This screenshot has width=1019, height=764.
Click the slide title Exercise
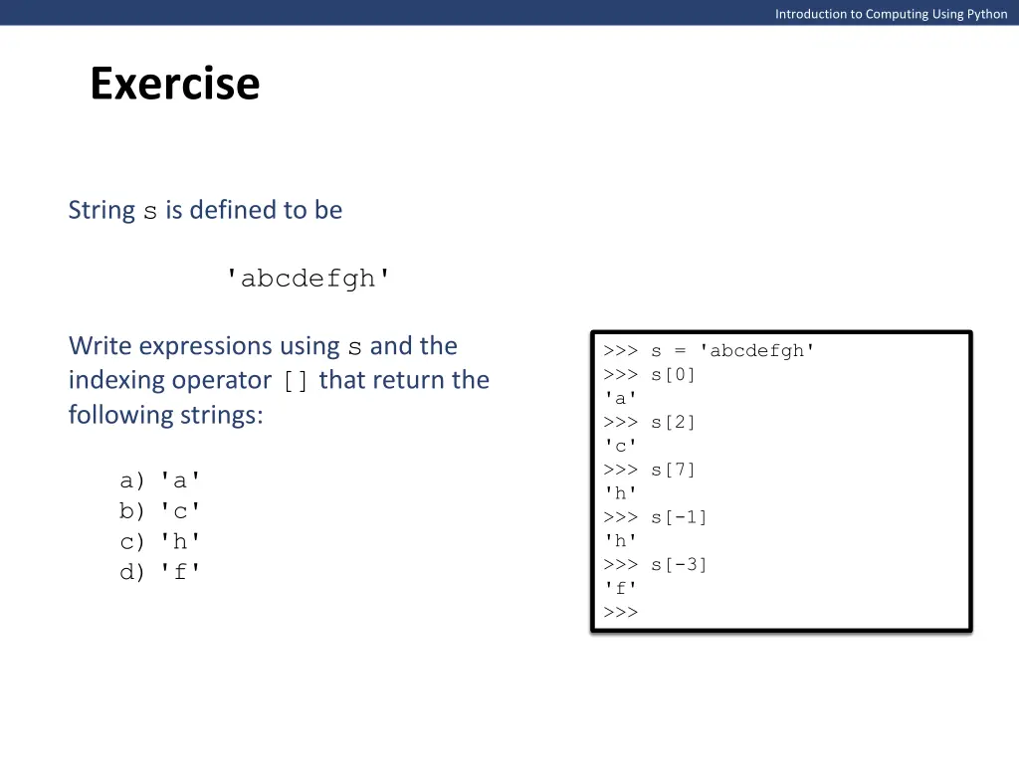[x=174, y=84]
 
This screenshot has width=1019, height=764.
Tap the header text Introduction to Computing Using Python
[x=891, y=14]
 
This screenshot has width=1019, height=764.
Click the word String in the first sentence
[x=102, y=210]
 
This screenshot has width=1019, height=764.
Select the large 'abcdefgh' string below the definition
[x=308, y=279]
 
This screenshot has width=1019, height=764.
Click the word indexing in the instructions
[x=116, y=380]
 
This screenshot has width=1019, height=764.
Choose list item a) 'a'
[x=160, y=480]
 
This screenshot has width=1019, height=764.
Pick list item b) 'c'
[x=160, y=511]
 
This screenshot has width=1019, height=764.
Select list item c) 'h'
[x=160, y=542]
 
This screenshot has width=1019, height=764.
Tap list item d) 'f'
[x=160, y=572]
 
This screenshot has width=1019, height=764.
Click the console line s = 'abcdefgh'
[x=733, y=350]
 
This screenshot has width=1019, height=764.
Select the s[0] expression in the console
[x=674, y=374]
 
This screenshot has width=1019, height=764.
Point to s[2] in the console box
[x=674, y=422]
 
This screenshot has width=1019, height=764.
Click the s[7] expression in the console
[x=674, y=470]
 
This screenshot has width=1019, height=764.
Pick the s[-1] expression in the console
[x=680, y=517]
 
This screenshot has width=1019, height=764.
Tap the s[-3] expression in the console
[x=680, y=565]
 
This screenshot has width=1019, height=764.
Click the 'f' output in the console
[x=620, y=589]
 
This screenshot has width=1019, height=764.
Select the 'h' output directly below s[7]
[x=620, y=493]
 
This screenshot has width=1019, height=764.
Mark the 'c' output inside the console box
[x=620, y=446]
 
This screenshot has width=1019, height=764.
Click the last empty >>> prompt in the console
[x=620, y=612]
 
